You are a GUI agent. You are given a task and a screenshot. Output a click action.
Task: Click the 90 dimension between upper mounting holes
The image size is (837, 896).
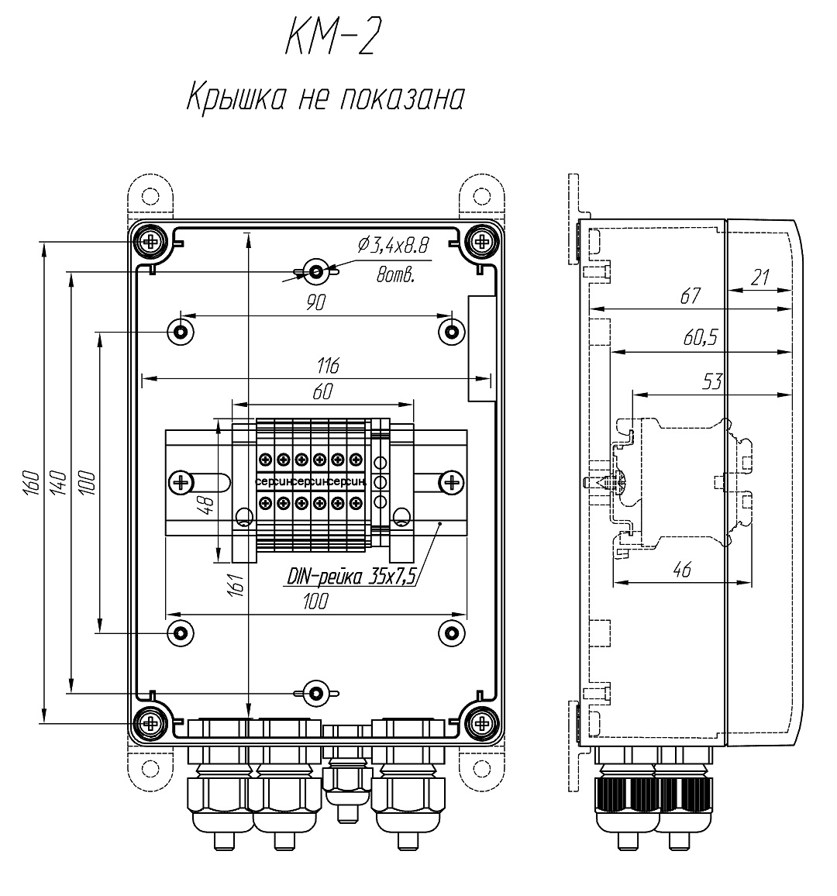tap(315, 303)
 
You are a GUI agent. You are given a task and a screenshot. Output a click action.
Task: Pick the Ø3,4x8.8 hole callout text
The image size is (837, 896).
tap(394, 246)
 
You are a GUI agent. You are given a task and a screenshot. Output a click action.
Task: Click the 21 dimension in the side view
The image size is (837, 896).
tap(761, 277)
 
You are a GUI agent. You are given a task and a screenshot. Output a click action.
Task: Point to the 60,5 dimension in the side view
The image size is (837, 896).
tap(700, 337)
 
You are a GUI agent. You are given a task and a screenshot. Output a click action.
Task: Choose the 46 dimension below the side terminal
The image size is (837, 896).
tap(681, 570)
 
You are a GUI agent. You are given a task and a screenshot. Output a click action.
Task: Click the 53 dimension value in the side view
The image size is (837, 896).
tap(712, 381)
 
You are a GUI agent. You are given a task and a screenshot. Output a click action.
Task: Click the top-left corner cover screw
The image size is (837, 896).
tap(150, 241)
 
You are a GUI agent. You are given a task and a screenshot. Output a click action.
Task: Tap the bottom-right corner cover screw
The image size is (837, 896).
tap(482, 724)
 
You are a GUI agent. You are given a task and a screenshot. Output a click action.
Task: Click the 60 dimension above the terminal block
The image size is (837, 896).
tap(323, 392)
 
